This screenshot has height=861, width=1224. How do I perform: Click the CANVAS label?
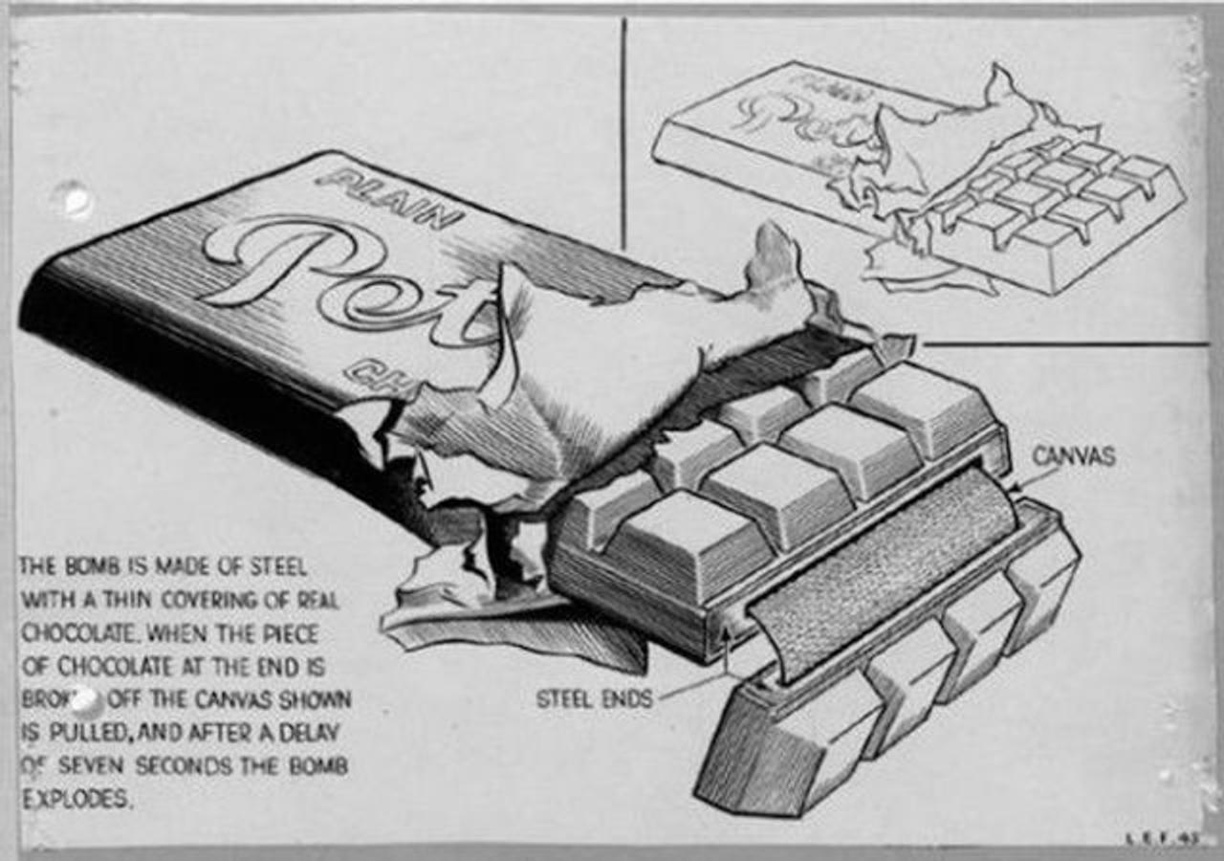coord(1073,456)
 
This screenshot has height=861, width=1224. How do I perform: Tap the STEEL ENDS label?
coord(594,699)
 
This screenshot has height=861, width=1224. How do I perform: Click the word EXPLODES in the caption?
coord(76,800)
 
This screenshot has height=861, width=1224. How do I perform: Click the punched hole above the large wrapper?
coord(73,199)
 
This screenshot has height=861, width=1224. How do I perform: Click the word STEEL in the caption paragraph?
coord(277,567)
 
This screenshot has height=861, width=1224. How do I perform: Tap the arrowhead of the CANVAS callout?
coord(1015,489)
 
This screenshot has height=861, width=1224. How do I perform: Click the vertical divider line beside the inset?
coord(623,134)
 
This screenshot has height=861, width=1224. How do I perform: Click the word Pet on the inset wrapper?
coord(803,120)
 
